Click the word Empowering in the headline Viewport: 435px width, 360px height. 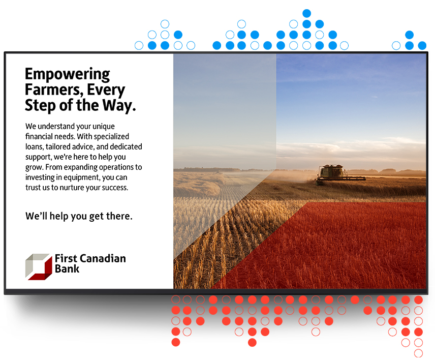[x=68, y=74]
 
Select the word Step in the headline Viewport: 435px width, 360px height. [x=40, y=106]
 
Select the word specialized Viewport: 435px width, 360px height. [x=111, y=137]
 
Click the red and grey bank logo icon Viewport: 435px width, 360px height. [x=39, y=267]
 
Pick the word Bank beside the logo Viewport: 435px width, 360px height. [x=67, y=269]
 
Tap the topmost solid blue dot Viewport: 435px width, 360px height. [x=306, y=13]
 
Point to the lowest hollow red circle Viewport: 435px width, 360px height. [x=418, y=353]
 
